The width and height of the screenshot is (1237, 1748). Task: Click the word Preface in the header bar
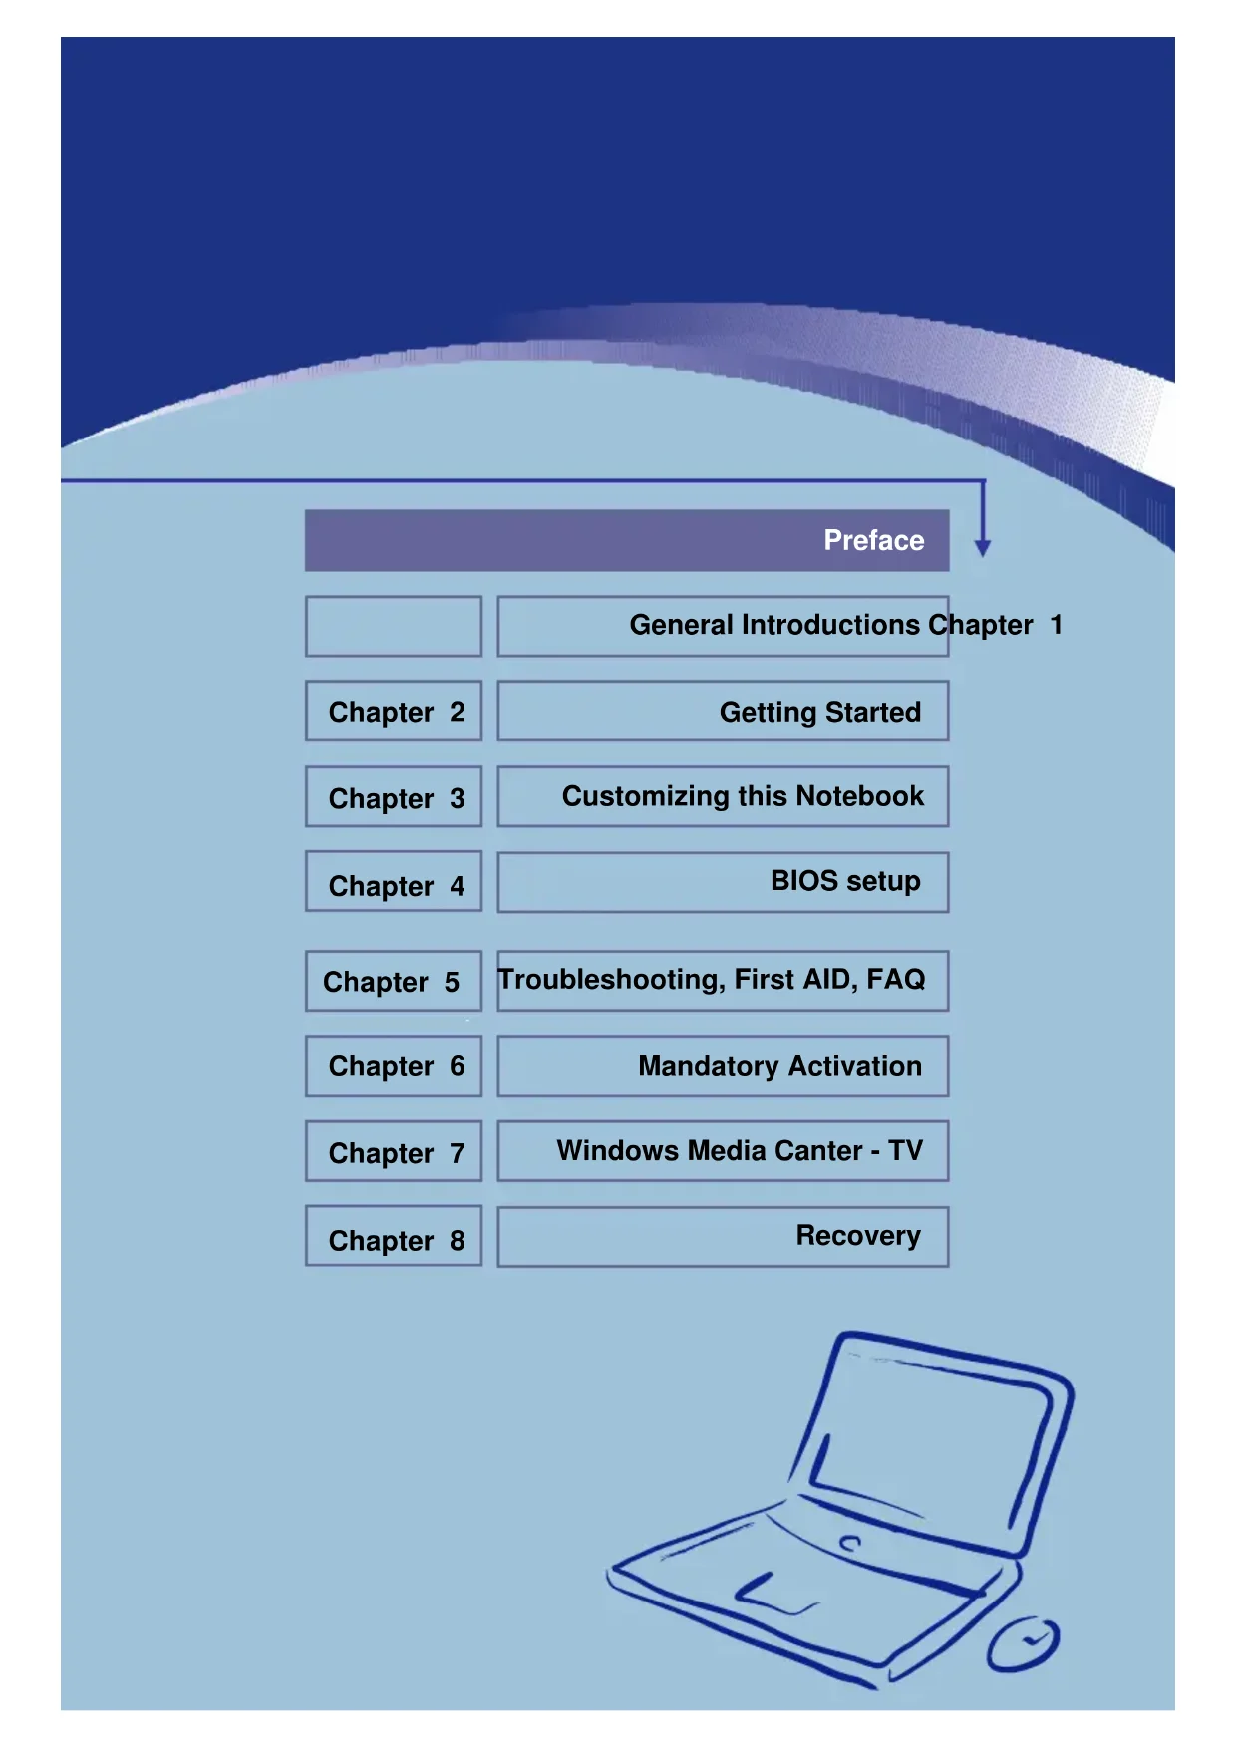(x=873, y=540)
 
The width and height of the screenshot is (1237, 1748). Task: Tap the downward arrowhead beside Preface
(x=983, y=547)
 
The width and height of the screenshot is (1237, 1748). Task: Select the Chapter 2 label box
(x=395, y=712)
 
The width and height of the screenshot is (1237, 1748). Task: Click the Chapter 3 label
(x=395, y=798)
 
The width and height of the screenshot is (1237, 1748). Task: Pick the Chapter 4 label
(x=395, y=885)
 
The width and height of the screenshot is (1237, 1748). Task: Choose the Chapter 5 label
(x=391, y=982)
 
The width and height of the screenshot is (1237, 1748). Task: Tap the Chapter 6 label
(x=395, y=1066)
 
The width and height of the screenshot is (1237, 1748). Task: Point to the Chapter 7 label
(x=395, y=1153)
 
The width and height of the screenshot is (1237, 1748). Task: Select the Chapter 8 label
(x=395, y=1240)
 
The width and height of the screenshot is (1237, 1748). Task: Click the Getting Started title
(x=819, y=712)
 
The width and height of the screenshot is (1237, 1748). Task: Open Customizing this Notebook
(x=743, y=796)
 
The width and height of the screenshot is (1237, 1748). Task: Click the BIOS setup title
(x=845, y=881)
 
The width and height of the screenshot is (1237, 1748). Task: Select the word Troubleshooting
(x=610, y=980)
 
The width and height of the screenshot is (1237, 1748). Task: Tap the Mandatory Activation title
(x=779, y=1066)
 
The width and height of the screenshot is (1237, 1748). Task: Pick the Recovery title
(x=857, y=1236)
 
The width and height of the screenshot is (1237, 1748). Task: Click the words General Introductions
(x=774, y=625)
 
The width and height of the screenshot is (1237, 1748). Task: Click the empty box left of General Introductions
(x=394, y=626)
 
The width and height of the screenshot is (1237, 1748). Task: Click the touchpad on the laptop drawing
(x=776, y=1592)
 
